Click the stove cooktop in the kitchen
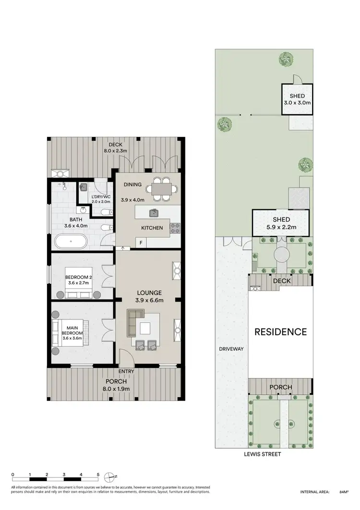[175, 228]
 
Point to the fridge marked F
[141, 243]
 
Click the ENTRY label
[128, 371]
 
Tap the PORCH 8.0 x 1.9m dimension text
[118, 389]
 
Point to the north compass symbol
[111, 476]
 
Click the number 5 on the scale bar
[98, 474]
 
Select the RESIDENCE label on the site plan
[280, 331]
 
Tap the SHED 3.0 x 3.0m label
[297, 99]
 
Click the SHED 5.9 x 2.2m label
[280, 223]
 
